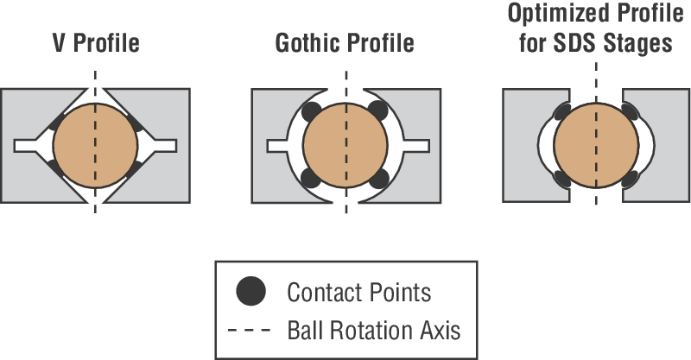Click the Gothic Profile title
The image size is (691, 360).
click(345, 42)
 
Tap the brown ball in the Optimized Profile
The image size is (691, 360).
click(595, 144)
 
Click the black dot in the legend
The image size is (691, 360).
click(251, 292)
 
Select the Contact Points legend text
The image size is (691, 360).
click(358, 292)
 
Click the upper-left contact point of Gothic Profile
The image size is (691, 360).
click(313, 111)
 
